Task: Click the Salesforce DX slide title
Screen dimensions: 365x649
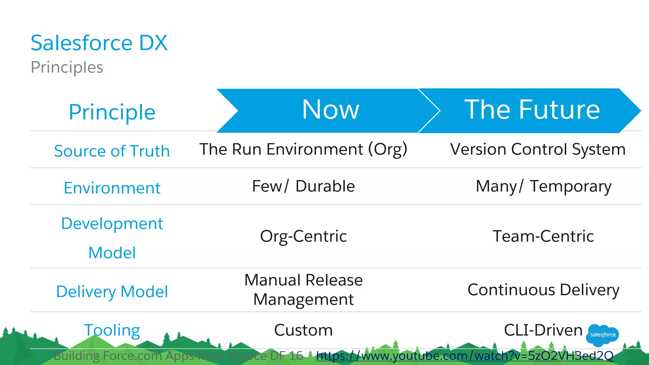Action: [x=99, y=43]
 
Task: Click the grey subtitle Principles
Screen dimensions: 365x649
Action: [x=67, y=67]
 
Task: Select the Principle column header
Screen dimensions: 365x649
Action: [x=112, y=112]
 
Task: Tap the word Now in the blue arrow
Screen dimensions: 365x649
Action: [x=331, y=110]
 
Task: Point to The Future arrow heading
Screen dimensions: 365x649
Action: [x=532, y=110]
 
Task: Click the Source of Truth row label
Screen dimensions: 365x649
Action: [x=112, y=151]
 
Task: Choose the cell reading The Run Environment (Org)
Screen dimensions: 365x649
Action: [x=303, y=149]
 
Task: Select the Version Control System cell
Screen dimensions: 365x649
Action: [x=538, y=149]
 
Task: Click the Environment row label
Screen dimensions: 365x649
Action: [x=112, y=188]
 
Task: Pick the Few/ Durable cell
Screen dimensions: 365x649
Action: [x=303, y=186]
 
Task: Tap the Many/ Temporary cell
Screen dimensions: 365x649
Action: [x=543, y=186]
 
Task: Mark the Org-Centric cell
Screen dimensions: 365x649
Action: [x=303, y=236]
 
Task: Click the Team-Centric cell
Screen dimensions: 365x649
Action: [x=543, y=236]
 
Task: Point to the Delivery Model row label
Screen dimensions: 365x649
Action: [x=112, y=291]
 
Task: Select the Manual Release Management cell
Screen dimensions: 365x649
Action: [x=303, y=290]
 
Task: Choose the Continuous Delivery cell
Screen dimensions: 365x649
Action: [x=543, y=290]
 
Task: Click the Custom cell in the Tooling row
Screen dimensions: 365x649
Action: [x=303, y=330]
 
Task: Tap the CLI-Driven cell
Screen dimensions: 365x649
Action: [x=543, y=330]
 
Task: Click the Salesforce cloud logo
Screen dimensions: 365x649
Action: [x=602, y=335]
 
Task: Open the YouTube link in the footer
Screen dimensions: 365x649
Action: [x=465, y=356]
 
